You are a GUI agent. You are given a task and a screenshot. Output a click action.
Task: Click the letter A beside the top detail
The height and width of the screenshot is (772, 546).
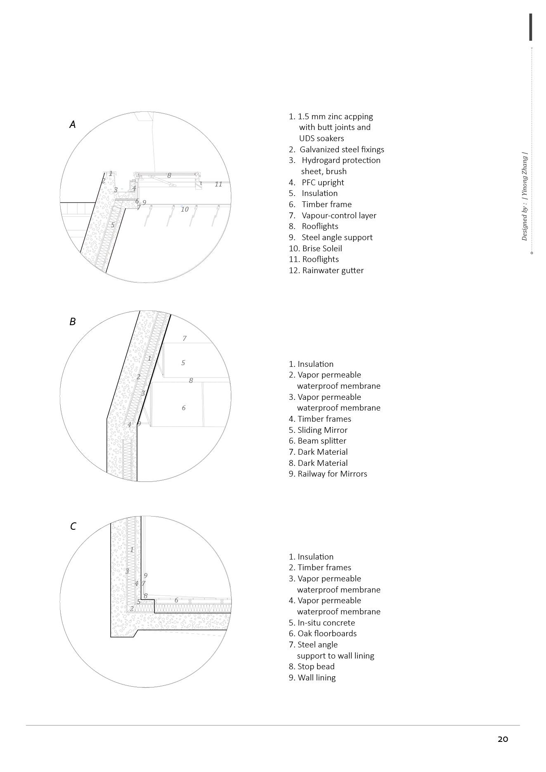coord(73,124)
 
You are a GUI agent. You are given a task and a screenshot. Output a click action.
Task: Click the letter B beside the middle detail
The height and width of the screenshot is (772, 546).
coord(73,321)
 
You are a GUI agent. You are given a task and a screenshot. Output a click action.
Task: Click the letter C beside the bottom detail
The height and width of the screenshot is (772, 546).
coord(73,526)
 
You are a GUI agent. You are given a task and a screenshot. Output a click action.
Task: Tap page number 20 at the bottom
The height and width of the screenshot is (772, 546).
coord(503,739)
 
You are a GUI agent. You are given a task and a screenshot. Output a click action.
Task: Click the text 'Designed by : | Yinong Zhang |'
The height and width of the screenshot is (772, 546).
coord(525,196)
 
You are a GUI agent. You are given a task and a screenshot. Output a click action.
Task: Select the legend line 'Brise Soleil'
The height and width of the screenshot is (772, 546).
coord(316,248)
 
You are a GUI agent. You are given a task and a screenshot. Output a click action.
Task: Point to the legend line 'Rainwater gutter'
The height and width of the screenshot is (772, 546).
coord(326,270)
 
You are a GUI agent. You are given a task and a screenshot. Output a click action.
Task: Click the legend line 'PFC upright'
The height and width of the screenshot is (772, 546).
coord(317,182)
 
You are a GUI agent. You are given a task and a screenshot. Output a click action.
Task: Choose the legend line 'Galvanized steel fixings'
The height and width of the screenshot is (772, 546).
coord(337,149)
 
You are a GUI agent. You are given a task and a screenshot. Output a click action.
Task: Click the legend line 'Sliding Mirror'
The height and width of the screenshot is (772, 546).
coord(318,430)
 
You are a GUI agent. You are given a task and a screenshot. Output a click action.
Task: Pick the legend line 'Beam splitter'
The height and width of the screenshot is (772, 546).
coord(317,441)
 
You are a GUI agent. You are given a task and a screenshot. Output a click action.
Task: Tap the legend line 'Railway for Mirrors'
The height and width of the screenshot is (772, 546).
coord(328,474)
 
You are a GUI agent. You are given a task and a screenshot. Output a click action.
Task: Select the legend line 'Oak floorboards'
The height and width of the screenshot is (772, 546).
coord(323,633)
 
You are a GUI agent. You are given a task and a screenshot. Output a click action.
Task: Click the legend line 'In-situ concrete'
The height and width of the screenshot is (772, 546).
coord(322,623)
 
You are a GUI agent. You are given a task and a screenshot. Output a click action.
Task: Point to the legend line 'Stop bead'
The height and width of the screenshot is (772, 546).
coord(312,666)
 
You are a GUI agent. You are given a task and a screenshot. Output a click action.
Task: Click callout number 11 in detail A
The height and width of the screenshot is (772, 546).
coord(218,184)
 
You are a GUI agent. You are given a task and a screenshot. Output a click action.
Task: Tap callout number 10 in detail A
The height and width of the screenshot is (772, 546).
coord(184,209)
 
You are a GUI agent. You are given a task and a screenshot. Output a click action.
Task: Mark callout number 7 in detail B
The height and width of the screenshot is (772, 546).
coord(184,338)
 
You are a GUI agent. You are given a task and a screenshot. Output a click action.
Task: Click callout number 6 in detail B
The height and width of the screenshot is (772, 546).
coord(184,408)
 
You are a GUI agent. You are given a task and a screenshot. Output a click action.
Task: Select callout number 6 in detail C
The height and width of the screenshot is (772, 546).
coord(176,600)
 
